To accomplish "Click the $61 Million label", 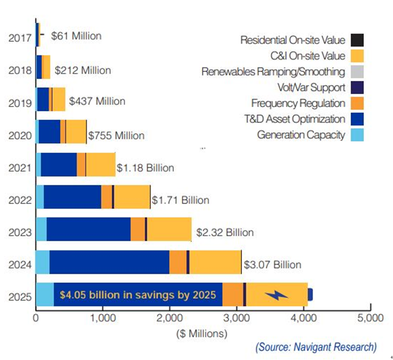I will [x=76, y=36].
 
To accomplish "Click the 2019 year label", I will [x=20, y=102].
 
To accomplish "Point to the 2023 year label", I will [x=20, y=232].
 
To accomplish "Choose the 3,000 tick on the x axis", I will [x=237, y=318].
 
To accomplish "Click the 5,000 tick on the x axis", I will [x=370, y=318].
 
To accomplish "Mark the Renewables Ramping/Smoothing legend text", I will [x=273, y=72].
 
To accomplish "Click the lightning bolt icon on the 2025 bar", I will [x=276, y=295].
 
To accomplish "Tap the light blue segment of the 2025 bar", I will [x=45, y=295].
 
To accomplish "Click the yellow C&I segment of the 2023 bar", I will [x=169, y=229].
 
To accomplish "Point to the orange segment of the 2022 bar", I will [x=106, y=197].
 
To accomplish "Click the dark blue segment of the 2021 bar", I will [x=59, y=164].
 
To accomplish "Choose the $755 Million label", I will [x=116, y=135].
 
